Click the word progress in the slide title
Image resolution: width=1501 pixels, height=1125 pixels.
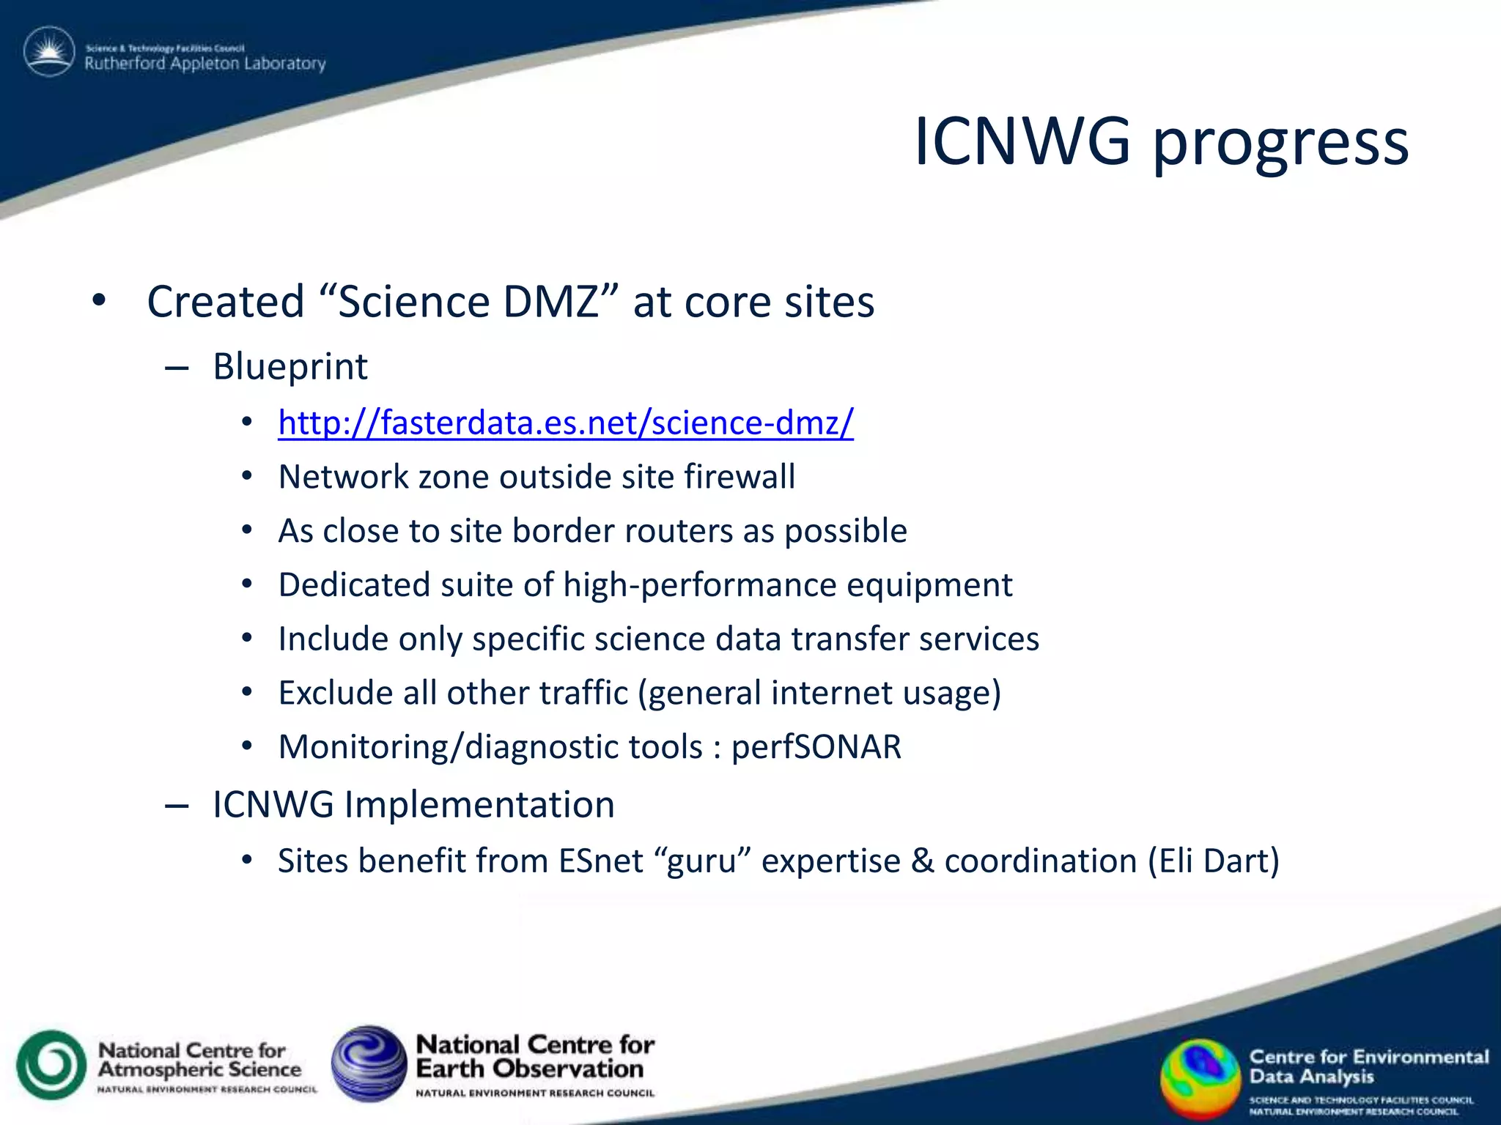point(1280,144)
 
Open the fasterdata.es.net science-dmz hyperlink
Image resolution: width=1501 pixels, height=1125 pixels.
point(566,423)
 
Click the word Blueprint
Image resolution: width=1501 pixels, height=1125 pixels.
point(290,367)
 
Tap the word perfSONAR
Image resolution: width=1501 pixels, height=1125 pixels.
point(816,748)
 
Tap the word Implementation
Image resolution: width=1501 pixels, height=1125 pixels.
point(479,805)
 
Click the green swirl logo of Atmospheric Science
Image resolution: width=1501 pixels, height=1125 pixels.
point(51,1065)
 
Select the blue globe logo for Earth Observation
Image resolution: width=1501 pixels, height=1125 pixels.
point(369,1063)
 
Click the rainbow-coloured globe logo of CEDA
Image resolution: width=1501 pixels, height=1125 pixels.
point(1200,1079)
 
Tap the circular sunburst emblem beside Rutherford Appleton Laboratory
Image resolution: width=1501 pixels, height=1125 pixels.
point(49,52)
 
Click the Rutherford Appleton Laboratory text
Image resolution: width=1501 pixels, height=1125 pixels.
point(205,64)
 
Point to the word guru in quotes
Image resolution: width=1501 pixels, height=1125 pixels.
point(701,861)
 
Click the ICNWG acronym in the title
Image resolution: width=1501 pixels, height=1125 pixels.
point(1022,141)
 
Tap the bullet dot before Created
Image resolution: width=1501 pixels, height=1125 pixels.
point(100,300)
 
